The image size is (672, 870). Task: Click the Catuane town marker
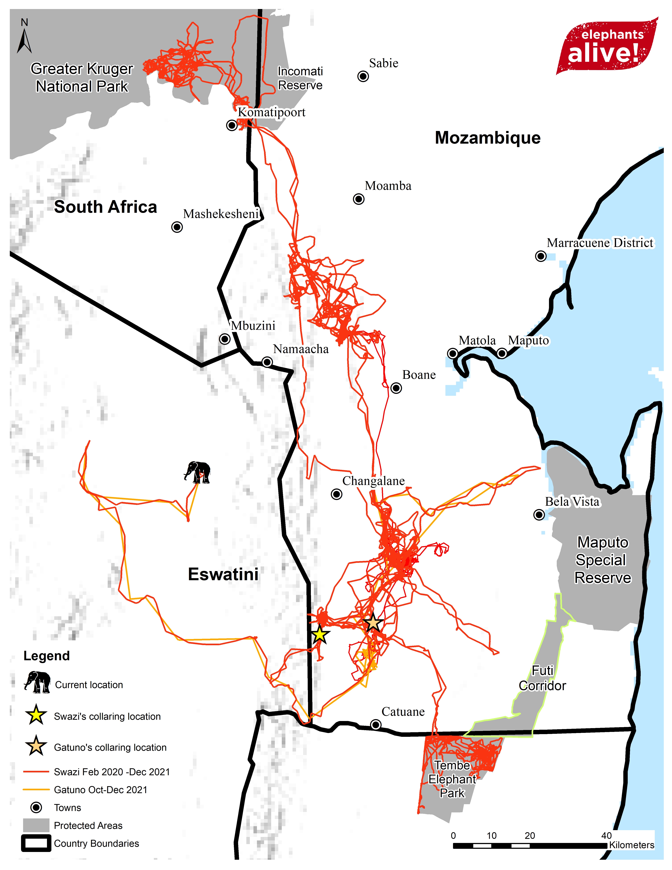(375, 725)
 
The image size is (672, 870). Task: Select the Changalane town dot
(336, 494)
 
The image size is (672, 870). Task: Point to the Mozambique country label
(488, 138)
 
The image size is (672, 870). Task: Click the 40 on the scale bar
(606, 835)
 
